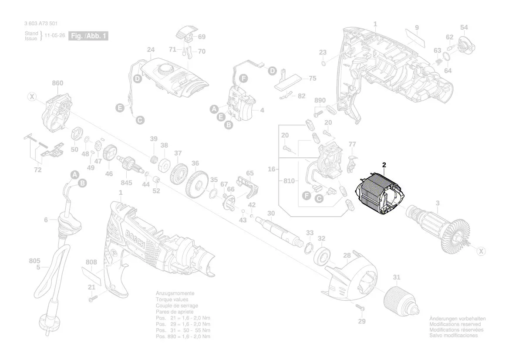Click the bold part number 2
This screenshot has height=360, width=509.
pos(384,165)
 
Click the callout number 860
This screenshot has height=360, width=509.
pos(57,83)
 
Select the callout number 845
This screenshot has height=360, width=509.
pos(127,182)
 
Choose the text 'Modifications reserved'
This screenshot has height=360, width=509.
pos(455,325)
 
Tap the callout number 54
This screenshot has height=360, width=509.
pos(464,27)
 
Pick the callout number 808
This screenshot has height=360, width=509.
pos(91,262)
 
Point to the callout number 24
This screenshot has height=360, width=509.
pos(151,50)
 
